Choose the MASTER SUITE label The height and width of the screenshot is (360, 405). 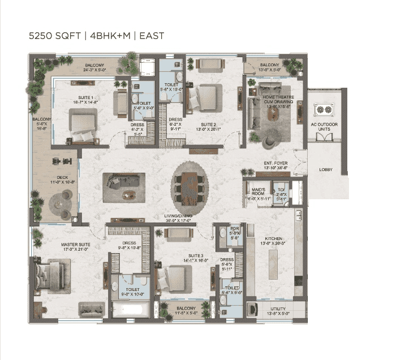(75, 245)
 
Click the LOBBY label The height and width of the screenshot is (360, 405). (326, 169)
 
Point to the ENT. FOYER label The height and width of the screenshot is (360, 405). (275, 165)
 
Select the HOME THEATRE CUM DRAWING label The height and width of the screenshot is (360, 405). (277, 100)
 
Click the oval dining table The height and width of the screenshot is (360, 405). (186, 184)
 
